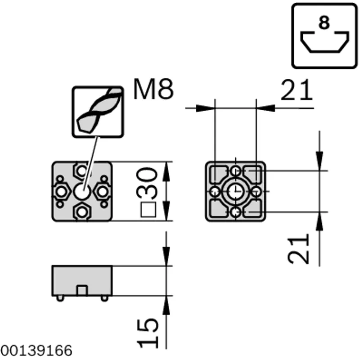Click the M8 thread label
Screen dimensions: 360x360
[x=153, y=89]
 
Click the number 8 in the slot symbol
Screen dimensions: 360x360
[x=324, y=22]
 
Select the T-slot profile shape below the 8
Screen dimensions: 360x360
[x=324, y=42]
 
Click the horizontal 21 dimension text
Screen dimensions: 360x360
[x=297, y=90]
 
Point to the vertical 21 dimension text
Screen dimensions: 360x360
[x=298, y=249]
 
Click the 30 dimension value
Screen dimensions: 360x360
[x=147, y=183]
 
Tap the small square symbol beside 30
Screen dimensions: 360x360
[x=148, y=209]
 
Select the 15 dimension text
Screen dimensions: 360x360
[x=148, y=333]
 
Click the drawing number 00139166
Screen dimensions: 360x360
[x=36, y=351]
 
